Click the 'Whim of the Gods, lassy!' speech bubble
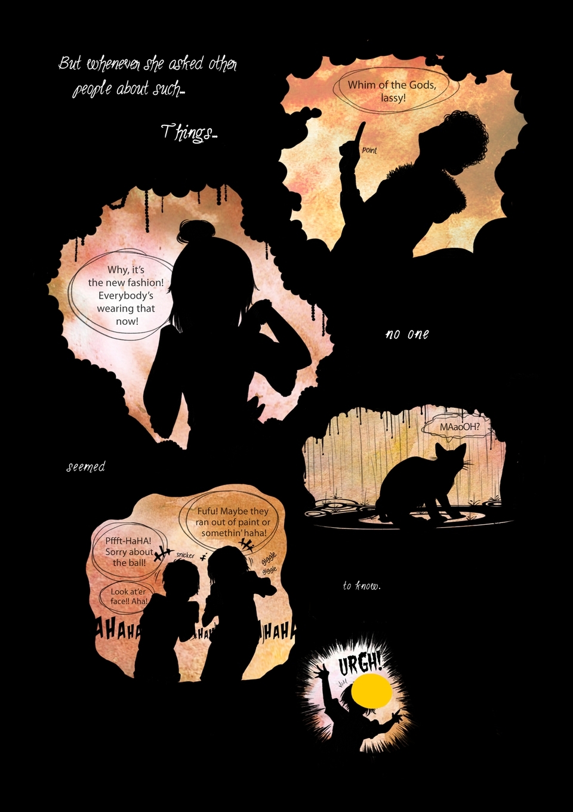(393, 91)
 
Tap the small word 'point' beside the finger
(369, 150)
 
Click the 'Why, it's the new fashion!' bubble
(126, 295)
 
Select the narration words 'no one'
(406, 334)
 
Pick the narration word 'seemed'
(85, 467)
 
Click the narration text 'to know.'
(362, 586)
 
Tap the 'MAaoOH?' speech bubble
(459, 427)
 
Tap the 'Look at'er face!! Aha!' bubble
(128, 596)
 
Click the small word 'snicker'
(185, 555)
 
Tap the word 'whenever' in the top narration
(114, 64)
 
